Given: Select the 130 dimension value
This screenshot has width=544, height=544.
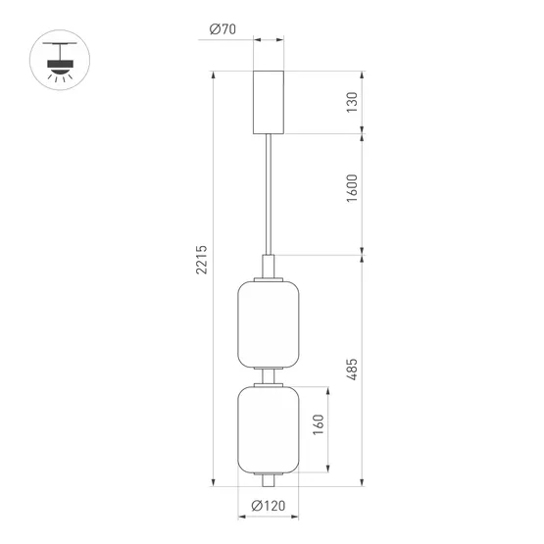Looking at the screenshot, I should [x=352, y=101].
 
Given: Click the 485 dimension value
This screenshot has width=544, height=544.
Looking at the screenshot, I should [x=352, y=369].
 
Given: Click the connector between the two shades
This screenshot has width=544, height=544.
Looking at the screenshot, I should [x=269, y=376].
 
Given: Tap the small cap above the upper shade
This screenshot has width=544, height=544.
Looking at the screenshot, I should [x=269, y=267].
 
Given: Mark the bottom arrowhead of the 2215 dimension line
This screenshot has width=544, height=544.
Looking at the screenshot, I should [x=213, y=483].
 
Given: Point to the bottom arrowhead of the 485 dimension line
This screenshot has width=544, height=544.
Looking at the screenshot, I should [x=364, y=483].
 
